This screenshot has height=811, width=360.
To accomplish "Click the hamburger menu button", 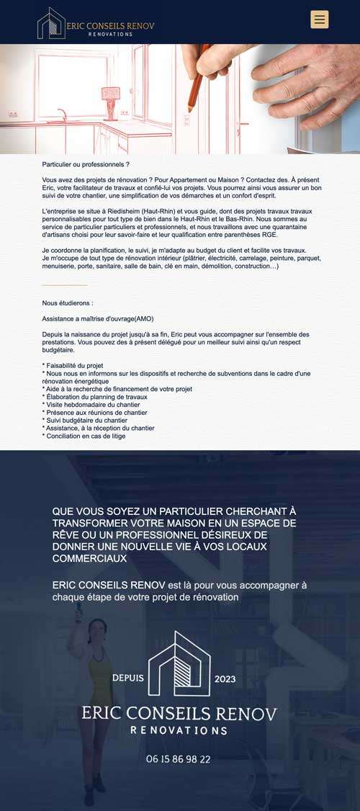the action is click(x=319, y=19).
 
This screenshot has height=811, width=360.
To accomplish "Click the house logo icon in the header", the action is click(x=51, y=23).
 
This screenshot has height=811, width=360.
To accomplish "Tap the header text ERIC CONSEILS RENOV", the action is click(x=110, y=25).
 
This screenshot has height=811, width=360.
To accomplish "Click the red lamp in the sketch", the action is click(x=110, y=94).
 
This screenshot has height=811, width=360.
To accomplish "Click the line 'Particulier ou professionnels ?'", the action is click(x=86, y=165).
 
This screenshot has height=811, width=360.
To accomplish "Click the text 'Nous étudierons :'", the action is click(x=68, y=303).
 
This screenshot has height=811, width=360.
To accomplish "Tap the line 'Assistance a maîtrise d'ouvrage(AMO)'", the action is click(x=98, y=319).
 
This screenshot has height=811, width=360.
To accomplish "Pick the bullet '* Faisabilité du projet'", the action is click(x=73, y=366).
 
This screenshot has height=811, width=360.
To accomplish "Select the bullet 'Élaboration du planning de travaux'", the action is click(x=95, y=397).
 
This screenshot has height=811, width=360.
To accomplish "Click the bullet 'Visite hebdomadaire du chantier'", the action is click(x=92, y=405).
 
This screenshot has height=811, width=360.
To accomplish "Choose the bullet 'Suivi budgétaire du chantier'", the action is click(x=86, y=421).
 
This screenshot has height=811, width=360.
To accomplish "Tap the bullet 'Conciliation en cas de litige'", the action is click(x=84, y=436).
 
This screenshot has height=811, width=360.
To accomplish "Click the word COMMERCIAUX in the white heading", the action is click(x=89, y=558).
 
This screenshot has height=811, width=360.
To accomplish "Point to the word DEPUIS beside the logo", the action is click(x=128, y=678).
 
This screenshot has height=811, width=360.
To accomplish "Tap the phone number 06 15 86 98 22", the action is click(x=178, y=759).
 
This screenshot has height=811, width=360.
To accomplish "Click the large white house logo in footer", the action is click(x=179, y=664).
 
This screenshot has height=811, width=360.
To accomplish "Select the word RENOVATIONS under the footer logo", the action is click(x=179, y=730).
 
